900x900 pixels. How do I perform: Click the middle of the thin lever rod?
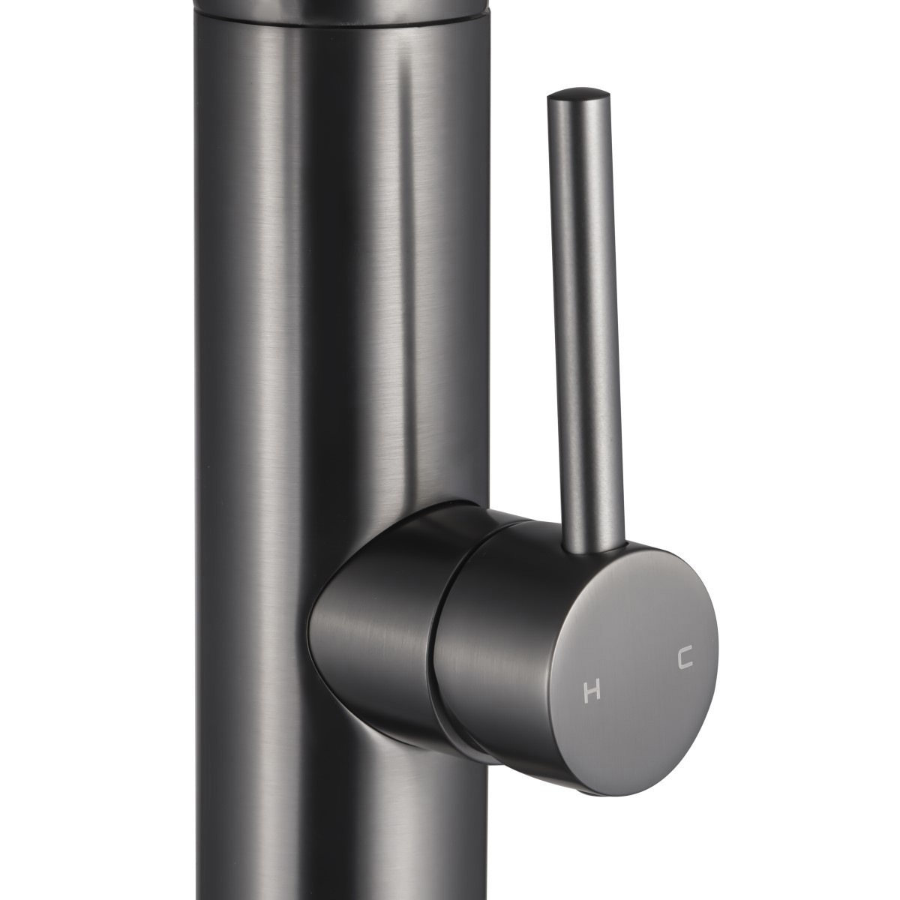tap(587, 317)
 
